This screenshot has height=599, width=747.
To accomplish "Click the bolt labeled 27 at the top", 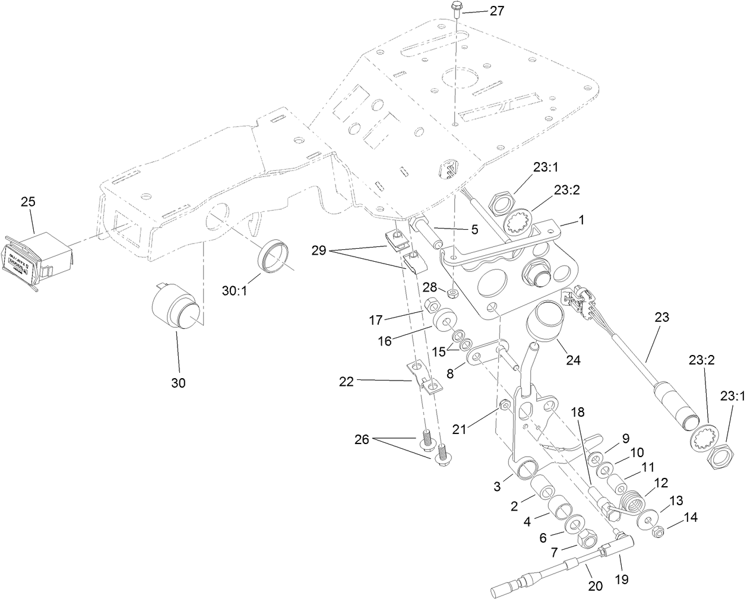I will coord(455,9).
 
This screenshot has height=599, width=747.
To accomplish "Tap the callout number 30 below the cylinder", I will coord(178,383).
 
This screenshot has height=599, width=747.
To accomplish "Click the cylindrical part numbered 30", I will coord(175,307).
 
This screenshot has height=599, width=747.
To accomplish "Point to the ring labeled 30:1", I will coord(274,256).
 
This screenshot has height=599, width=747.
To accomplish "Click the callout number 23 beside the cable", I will coord(661,318).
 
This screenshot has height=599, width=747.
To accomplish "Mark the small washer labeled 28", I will coord(453,293).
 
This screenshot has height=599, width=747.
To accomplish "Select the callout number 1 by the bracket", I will coord(581,219).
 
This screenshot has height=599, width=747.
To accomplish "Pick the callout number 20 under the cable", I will coord(595,586).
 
